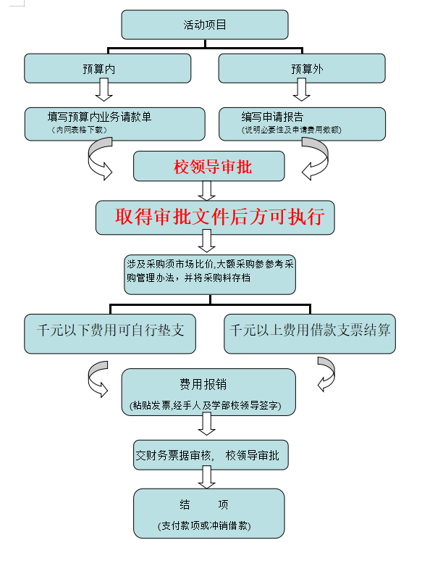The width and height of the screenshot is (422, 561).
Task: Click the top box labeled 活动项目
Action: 205,25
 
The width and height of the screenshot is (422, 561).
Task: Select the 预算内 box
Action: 108,68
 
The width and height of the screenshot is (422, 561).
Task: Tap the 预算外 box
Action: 302,68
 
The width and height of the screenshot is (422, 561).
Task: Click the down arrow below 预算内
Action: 104,89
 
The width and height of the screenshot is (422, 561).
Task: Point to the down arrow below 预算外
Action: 302,89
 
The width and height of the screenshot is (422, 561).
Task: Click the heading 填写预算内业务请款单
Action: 99,117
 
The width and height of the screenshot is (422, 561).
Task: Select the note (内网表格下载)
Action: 80,130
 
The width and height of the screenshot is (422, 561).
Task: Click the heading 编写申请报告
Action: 272,117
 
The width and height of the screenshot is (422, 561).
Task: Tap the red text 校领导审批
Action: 213,167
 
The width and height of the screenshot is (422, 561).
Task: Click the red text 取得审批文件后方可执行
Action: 219,217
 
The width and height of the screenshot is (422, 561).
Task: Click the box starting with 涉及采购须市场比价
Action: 210,275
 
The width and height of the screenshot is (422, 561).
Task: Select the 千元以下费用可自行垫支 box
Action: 110,334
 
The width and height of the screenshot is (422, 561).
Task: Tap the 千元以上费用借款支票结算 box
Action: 310,334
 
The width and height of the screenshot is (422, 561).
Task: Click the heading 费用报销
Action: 203,384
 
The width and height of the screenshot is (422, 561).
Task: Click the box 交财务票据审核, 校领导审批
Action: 211,454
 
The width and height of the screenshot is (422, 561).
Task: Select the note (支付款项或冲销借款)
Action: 204,525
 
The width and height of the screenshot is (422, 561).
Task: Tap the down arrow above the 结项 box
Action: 207,477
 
